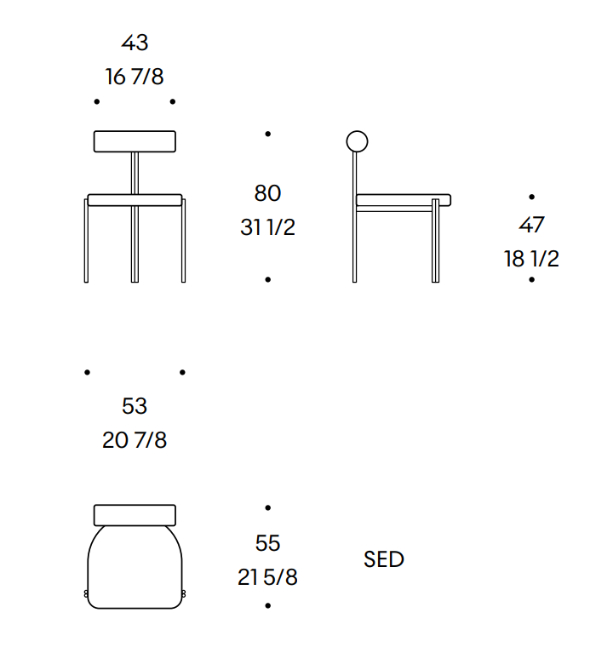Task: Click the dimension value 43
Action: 135,43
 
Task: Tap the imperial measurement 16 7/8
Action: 135,77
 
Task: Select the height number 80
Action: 268,193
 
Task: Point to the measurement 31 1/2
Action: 268,227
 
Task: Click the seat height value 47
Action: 532,225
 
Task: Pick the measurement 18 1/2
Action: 532,259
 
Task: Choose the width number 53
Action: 135,406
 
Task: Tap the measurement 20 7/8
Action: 135,440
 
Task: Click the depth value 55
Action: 268,543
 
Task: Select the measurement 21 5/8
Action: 268,577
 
